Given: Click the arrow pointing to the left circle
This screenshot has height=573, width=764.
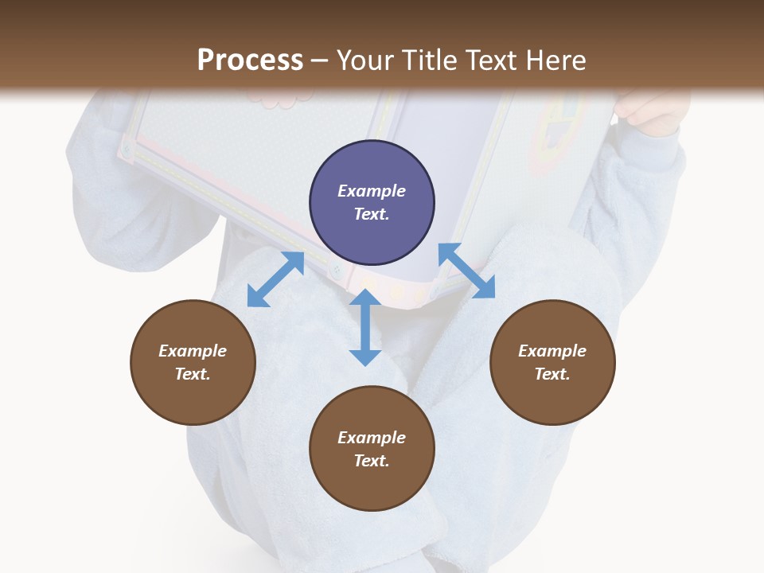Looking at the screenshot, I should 275,279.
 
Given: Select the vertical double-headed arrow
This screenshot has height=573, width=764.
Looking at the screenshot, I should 365,327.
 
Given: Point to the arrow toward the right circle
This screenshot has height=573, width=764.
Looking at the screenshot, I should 466,271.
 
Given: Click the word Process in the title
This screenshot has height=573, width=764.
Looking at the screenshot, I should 250,60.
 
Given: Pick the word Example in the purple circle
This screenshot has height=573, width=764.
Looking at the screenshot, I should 372,191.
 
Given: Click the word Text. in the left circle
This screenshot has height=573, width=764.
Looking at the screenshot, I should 193,374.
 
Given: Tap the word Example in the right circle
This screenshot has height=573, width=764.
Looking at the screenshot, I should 552,351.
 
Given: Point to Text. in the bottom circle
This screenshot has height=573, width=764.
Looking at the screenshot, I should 372,461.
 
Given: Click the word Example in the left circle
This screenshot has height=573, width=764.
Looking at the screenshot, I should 193,351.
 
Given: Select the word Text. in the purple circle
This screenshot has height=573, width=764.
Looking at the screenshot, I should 372,214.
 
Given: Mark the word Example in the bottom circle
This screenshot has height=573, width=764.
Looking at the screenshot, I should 372,438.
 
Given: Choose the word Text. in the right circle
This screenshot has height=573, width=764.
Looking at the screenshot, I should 552,374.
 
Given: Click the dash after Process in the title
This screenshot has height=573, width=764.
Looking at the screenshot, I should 320,60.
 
